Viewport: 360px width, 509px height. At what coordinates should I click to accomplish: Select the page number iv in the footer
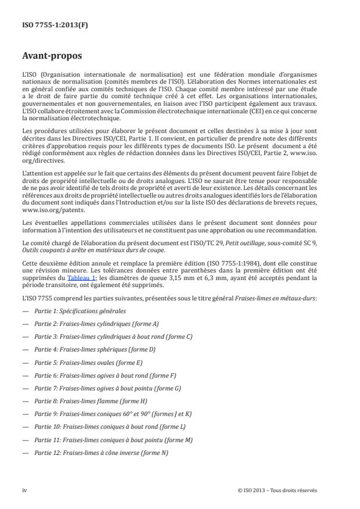coord(24,490)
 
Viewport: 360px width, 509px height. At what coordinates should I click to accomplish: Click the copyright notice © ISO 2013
coord(277,490)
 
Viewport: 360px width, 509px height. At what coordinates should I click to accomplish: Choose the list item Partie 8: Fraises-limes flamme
coord(90,401)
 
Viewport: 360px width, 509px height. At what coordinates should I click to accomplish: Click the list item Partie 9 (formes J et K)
coord(113,414)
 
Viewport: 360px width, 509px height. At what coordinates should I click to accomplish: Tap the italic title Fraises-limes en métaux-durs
coord(283,298)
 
